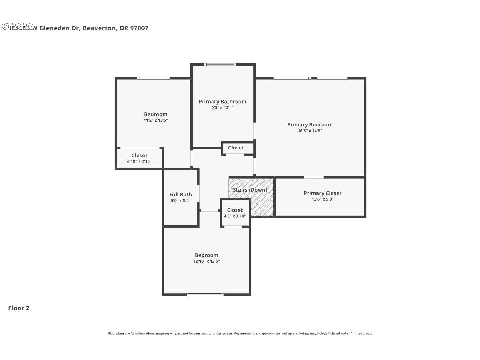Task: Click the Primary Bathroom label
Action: click(x=222, y=102)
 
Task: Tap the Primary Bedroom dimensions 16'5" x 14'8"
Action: click(x=310, y=131)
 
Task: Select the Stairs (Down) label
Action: click(x=250, y=190)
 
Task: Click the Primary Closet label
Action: click(x=323, y=193)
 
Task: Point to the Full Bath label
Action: click(x=180, y=195)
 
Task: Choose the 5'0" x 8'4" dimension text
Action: click(x=180, y=201)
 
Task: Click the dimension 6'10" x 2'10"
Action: click(x=139, y=162)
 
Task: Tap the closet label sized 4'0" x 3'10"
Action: click(x=235, y=210)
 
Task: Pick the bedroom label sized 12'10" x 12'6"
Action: click(x=206, y=255)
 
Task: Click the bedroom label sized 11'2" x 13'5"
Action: click(x=156, y=114)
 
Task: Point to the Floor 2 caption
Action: click(x=19, y=308)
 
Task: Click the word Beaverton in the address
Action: click(x=99, y=28)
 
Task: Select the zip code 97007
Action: click(x=139, y=28)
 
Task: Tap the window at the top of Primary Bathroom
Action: click(x=220, y=65)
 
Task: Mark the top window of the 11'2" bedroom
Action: click(x=153, y=78)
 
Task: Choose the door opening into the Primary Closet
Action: click(x=314, y=177)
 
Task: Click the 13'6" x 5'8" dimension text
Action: click(x=323, y=199)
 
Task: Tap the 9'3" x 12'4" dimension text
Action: click(x=222, y=108)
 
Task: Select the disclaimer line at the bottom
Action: click(x=240, y=333)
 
